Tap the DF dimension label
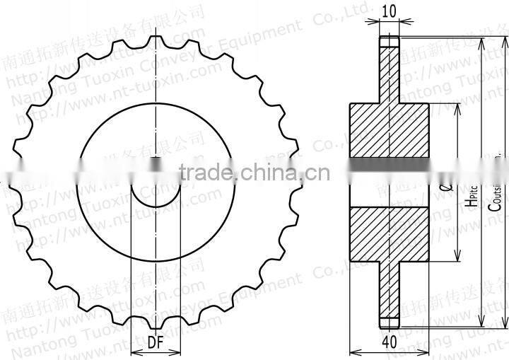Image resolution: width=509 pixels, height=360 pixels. point(156,342)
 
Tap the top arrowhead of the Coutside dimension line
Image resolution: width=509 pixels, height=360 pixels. point(483,41)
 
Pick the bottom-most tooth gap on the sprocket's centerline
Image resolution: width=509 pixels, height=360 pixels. point(156,318)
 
